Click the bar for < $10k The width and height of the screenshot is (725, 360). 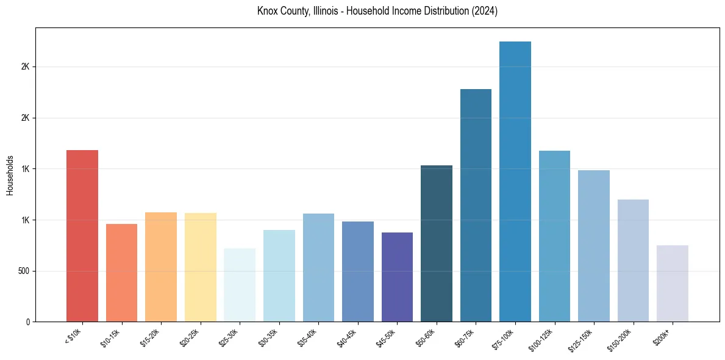pyautogui.click(x=82, y=236)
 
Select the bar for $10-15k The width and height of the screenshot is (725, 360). pyautogui.click(x=121, y=273)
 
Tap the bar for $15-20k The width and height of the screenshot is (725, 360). pyautogui.click(x=161, y=267)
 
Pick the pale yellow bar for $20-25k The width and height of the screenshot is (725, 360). pyautogui.click(x=200, y=267)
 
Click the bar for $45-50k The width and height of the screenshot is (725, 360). pyautogui.click(x=397, y=277)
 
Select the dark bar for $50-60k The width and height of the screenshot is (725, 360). pyautogui.click(x=437, y=243)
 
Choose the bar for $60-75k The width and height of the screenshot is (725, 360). pyautogui.click(x=476, y=205)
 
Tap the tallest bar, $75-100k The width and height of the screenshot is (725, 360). pyautogui.click(x=515, y=181)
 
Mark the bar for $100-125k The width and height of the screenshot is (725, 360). pyautogui.click(x=554, y=236)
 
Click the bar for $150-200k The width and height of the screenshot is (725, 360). pyautogui.click(x=633, y=261)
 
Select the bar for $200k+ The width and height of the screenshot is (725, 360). pyautogui.click(x=673, y=283)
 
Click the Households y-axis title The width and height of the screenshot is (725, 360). pyautogui.click(x=10, y=175)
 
